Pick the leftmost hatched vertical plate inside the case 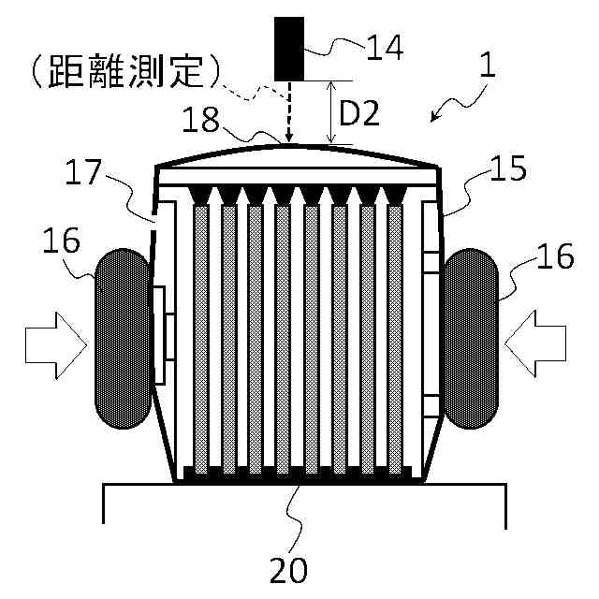pos(198,337)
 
